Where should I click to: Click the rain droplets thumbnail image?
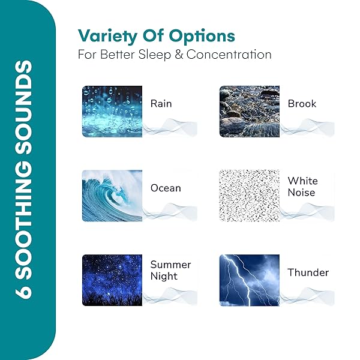(x=112, y=112)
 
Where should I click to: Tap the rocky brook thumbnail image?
(x=250, y=112)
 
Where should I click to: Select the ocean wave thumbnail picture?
(x=112, y=196)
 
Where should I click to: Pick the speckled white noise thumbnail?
(x=250, y=196)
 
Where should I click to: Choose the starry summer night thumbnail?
(x=112, y=280)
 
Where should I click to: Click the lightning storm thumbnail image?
(x=250, y=280)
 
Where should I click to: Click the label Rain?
(x=161, y=104)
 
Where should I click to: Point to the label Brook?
(x=302, y=104)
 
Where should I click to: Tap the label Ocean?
(x=166, y=188)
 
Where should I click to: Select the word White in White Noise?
(x=303, y=181)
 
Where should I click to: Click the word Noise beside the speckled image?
(x=301, y=193)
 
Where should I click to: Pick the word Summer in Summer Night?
(x=170, y=265)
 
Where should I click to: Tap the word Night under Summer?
(x=164, y=276)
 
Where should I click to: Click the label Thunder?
(x=308, y=272)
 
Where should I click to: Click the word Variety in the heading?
(x=107, y=36)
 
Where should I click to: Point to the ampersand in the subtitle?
(x=179, y=55)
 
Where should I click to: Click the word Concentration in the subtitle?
(x=229, y=55)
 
